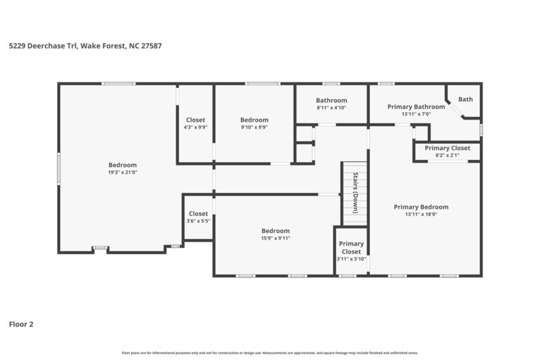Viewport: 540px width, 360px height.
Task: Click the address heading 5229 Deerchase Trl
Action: [84, 47]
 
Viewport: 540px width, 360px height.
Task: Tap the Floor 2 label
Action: [21, 324]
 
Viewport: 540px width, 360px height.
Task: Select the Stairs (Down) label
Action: [354, 192]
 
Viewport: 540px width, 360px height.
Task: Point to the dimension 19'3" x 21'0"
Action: [123, 172]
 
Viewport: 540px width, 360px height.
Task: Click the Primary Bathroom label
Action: [416, 107]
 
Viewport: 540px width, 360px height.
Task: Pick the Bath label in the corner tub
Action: [466, 99]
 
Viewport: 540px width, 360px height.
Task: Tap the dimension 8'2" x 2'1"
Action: [447, 155]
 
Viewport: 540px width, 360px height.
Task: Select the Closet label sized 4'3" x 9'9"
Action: [196, 120]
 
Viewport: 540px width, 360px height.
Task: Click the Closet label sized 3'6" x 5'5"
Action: [198, 214]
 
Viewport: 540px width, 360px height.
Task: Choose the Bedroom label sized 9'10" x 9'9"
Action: [254, 120]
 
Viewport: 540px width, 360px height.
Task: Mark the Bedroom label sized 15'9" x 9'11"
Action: [275, 230]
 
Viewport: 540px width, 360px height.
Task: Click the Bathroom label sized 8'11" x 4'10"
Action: [331, 101]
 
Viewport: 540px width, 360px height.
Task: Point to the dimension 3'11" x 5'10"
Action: [351, 259]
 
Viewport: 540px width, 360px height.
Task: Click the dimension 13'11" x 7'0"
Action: [416, 114]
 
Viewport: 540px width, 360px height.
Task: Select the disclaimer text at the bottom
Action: [269, 353]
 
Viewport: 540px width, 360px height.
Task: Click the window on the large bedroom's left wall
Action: [59, 170]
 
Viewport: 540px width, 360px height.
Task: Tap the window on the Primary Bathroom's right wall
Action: [481, 128]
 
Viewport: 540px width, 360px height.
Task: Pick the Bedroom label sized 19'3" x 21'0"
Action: [123, 165]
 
